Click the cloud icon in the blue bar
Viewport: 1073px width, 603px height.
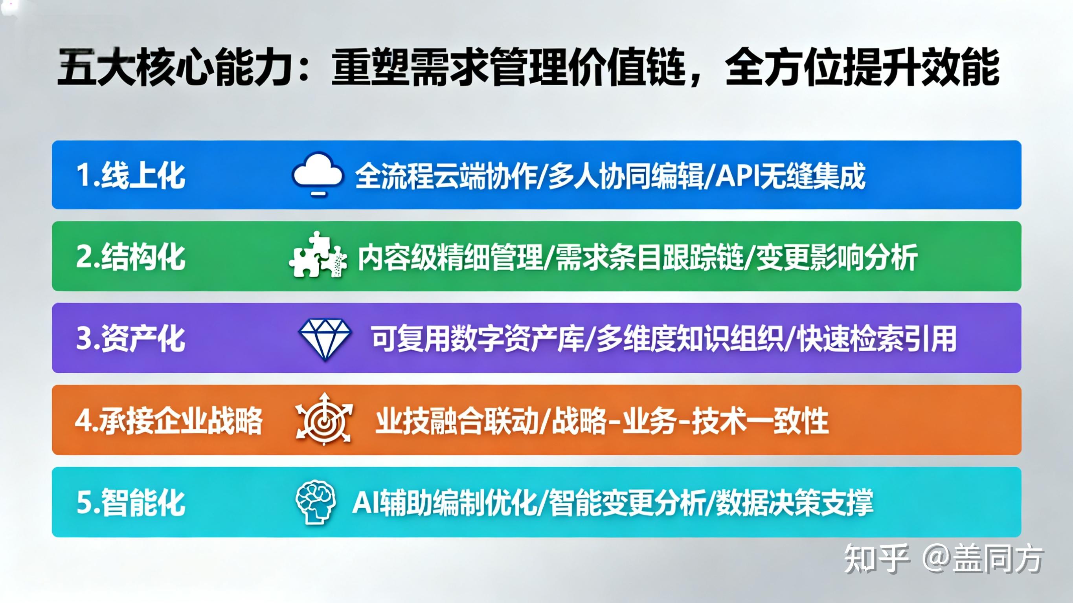(318, 174)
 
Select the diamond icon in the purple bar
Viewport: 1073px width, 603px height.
(325, 338)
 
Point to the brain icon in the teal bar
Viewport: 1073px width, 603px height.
(316, 502)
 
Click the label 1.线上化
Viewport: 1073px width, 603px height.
(131, 175)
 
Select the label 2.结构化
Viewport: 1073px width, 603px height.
(131, 257)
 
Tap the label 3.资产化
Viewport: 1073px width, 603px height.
(131, 338)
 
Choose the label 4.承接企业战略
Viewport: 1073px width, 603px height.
(169, 421)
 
